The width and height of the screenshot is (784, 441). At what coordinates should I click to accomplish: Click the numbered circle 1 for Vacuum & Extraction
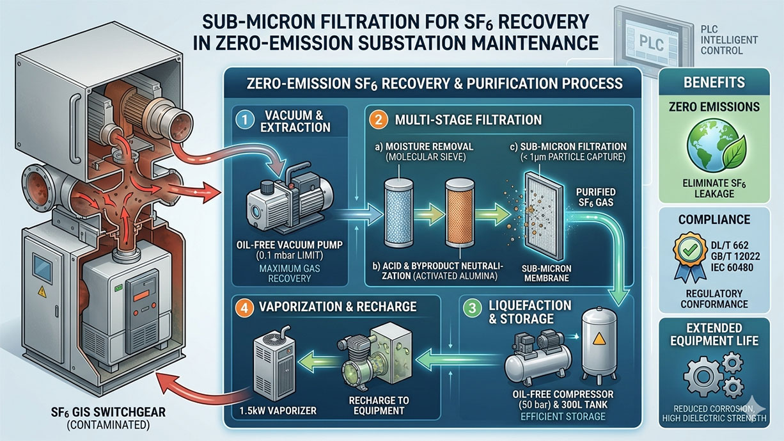(x=243, y=119)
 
